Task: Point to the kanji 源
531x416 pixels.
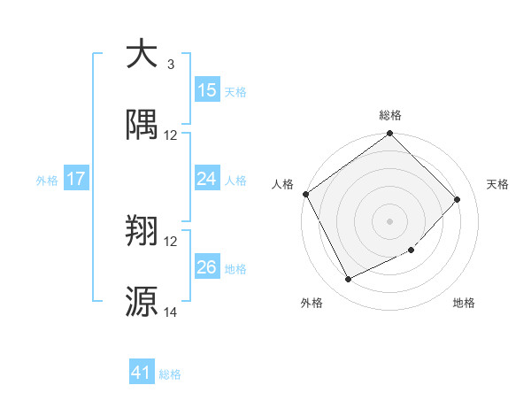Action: coord(142,302)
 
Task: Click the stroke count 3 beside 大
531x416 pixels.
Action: coord(170,65)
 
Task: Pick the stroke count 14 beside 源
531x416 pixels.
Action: coord(171,312)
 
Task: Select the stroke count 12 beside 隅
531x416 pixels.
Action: coord(171,135)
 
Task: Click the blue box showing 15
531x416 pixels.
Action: coord(206,90)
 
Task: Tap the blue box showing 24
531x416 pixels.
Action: coord(206,179)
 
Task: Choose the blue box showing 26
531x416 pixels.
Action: coord(206,267)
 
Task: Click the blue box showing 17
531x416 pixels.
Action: coord(76,179)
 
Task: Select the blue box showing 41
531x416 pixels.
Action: coord(142,374)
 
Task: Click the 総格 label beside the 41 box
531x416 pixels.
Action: coord(170,374)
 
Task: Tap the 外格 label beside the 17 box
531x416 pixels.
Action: coord(47,181)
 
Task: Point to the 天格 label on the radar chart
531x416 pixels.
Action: coord(497,184)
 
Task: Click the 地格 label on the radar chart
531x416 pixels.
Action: coord(464,303)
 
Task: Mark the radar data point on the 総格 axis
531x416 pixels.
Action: coord(389,135)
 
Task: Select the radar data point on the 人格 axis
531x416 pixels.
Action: coord(306,195)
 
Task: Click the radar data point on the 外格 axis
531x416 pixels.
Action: coord(348,280)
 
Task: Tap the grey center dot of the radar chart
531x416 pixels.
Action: coord(389,221)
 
